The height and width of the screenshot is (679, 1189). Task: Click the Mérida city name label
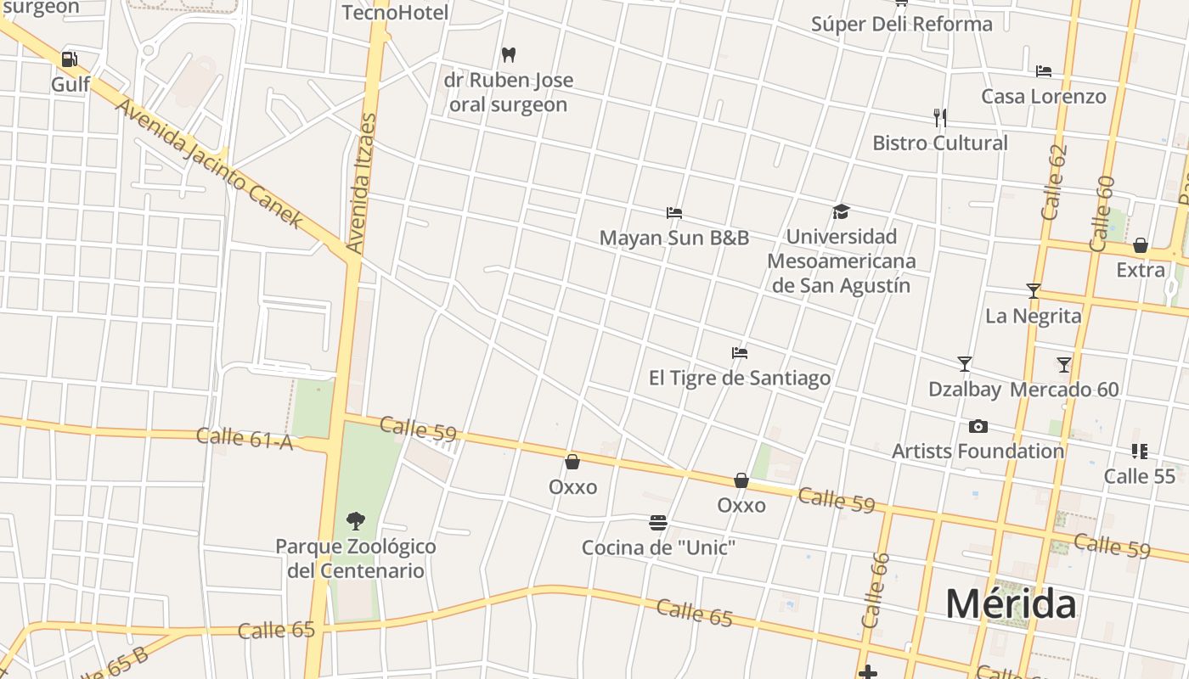(x=1011, y=604)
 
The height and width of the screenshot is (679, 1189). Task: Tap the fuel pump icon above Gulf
(x=70, y=59)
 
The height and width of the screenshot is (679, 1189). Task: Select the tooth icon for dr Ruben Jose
(x=509, y=54)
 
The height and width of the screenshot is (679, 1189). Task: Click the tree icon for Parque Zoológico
(x=356, y=520)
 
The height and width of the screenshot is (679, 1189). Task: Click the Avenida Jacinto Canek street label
(x=209, y=165)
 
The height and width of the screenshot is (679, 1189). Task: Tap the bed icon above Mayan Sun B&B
(x=674, y=212)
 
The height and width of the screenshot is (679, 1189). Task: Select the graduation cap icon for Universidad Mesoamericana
(x=841, y=211)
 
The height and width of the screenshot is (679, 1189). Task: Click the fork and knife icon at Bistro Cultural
(x=939, y=117)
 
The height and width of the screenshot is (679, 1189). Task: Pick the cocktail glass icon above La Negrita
(x=1033, y=291)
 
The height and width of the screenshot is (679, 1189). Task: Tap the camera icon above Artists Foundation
(x=978, y=426)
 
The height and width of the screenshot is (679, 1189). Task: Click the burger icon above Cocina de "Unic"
(x=657, y=522)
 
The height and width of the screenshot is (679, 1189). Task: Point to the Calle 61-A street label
(x=245, y=438)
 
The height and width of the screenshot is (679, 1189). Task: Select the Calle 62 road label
(x=1054, y=182)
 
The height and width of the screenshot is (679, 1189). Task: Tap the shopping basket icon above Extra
(x=1141, y=245)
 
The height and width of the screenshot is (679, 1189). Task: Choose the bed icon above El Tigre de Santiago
(x=740, y=353)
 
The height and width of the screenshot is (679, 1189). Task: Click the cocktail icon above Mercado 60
(x=1064, y=365)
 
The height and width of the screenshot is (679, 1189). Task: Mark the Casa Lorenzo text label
(x=1044, y=96)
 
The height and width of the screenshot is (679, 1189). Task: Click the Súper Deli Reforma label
(x=901, y=24)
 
